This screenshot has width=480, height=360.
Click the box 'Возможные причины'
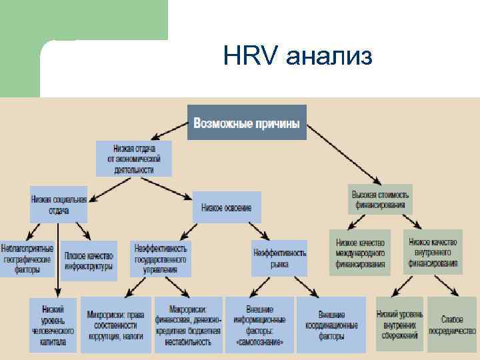pyautogui.click(x=247, y=123)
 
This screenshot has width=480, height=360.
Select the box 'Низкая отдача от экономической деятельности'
pyautogui.click(x=134, y=159)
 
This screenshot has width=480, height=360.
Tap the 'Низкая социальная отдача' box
pyautogui.click(x=59, y=204)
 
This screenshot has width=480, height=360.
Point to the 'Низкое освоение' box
pyautogui.click(x=227, y=208)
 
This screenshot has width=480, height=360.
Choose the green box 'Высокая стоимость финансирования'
pyautogui.click(x=380, y=199)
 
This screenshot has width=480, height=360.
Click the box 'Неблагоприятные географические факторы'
pyautogui.click(x=27, y=259)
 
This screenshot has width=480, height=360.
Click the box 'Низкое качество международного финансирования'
pyautogui.click(x=361, y=253)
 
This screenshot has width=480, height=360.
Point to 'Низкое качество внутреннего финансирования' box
pyautogui.click(x=433, y=253)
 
